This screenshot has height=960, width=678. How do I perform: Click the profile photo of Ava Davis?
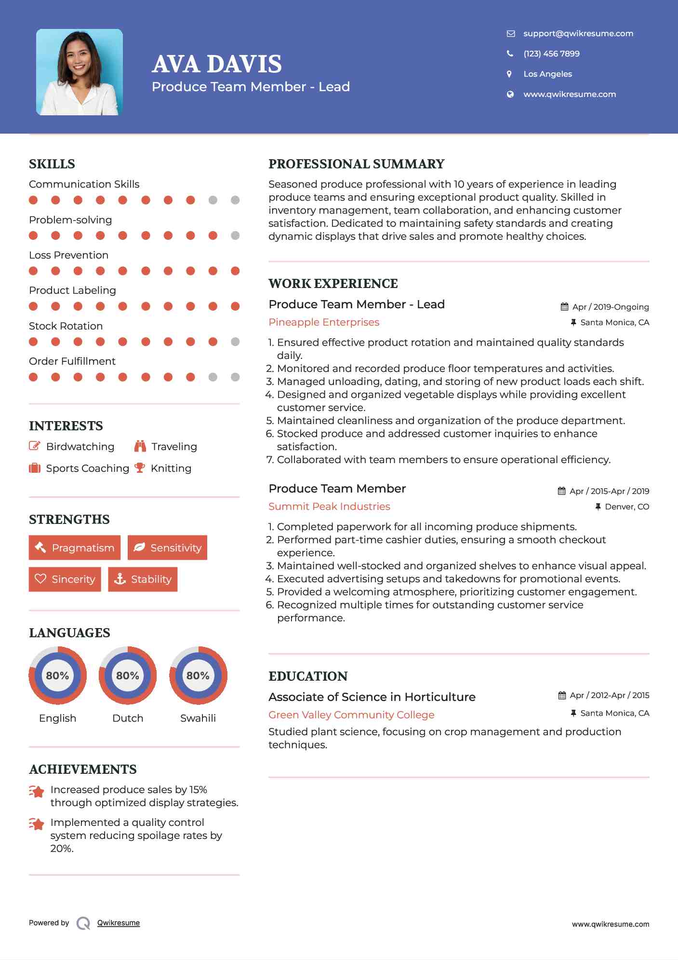[80, 72]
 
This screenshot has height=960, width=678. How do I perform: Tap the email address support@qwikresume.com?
[578, 33]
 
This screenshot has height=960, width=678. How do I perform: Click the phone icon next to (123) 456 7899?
[510, 54]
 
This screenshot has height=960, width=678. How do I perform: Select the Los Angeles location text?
[547, 74]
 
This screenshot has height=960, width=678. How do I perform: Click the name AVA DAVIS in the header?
[217, 64]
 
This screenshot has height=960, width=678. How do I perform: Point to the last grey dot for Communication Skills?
[235, 200]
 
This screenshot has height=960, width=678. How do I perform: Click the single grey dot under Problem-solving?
[235, 235]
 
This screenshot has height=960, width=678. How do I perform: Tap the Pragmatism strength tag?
[75, 548]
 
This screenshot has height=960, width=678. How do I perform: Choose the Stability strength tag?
[143, 579]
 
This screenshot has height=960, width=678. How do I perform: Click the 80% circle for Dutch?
[128, 675]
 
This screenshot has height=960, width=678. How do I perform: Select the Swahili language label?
[198, 718]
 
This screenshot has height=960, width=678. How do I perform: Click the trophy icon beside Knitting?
[140, 468]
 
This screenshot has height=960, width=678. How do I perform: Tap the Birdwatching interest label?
[80, 446]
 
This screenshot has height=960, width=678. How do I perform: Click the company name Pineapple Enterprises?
[324, 322]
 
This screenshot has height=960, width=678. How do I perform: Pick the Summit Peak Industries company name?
[329, 507]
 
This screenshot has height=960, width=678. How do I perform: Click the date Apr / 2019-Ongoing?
[610, 307]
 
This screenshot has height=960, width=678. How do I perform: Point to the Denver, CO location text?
[626, 507]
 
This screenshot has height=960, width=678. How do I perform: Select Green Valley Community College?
[351, 715]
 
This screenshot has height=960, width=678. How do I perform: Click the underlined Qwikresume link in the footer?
[119, 922]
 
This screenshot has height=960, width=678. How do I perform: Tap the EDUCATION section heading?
[308, 676]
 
